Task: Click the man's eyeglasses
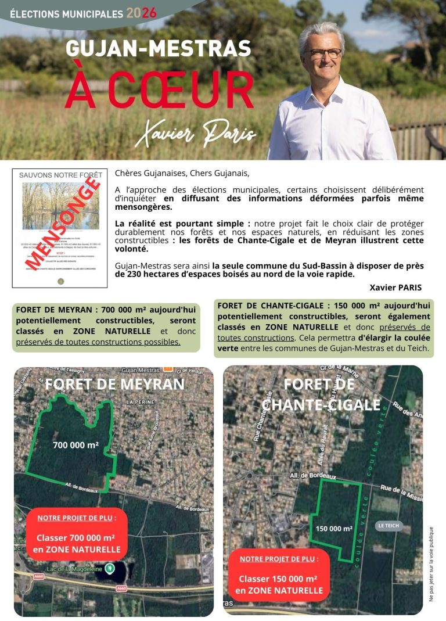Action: [325, 53]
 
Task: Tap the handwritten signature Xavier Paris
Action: [196, 135]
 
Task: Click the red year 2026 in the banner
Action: [141, 13]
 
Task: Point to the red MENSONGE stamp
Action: [62, 222]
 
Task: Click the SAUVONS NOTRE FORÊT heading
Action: [60, 175]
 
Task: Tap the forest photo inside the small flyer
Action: [60, 206]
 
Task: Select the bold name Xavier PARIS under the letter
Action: [395, 288]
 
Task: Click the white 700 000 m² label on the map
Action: [75, 446]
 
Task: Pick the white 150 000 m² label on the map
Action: [334, 529]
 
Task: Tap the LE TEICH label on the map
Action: [389, 526]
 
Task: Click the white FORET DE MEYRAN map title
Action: [114, 384]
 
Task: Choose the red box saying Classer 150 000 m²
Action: [279, 575]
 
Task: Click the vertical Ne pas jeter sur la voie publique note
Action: [431, 563]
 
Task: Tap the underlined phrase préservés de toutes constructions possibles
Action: [98, 342]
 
